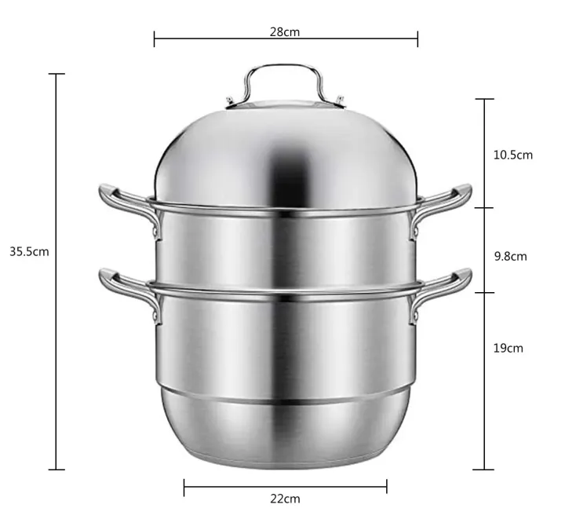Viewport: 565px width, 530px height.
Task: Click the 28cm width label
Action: pyautogui.click(x=285, y=32)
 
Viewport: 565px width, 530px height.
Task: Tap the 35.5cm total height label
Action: pyautogui.click(x=29, y=252)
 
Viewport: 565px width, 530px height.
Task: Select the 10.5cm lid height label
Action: pyautogui.click(x=512, y=155)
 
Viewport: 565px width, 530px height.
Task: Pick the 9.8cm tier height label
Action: pyautogui.click(x=509, y=256)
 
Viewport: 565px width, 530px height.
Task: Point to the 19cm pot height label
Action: pyautogui.click(x=508, y=348)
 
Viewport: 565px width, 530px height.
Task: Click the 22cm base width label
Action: pyautogui.click(x=285, y=499)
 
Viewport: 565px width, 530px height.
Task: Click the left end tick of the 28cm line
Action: pyautogui.click(x=155, y=38)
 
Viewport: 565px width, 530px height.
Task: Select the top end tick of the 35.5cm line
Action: pyautogui.click(x=56, y=74)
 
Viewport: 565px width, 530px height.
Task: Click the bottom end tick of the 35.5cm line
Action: pyautogui.click(x=56, y=470)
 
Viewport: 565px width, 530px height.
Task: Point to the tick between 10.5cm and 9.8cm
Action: pyautogui.click(x=483, y=208)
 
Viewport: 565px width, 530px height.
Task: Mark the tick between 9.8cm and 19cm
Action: pyautogui.click(x=483, y=293)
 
